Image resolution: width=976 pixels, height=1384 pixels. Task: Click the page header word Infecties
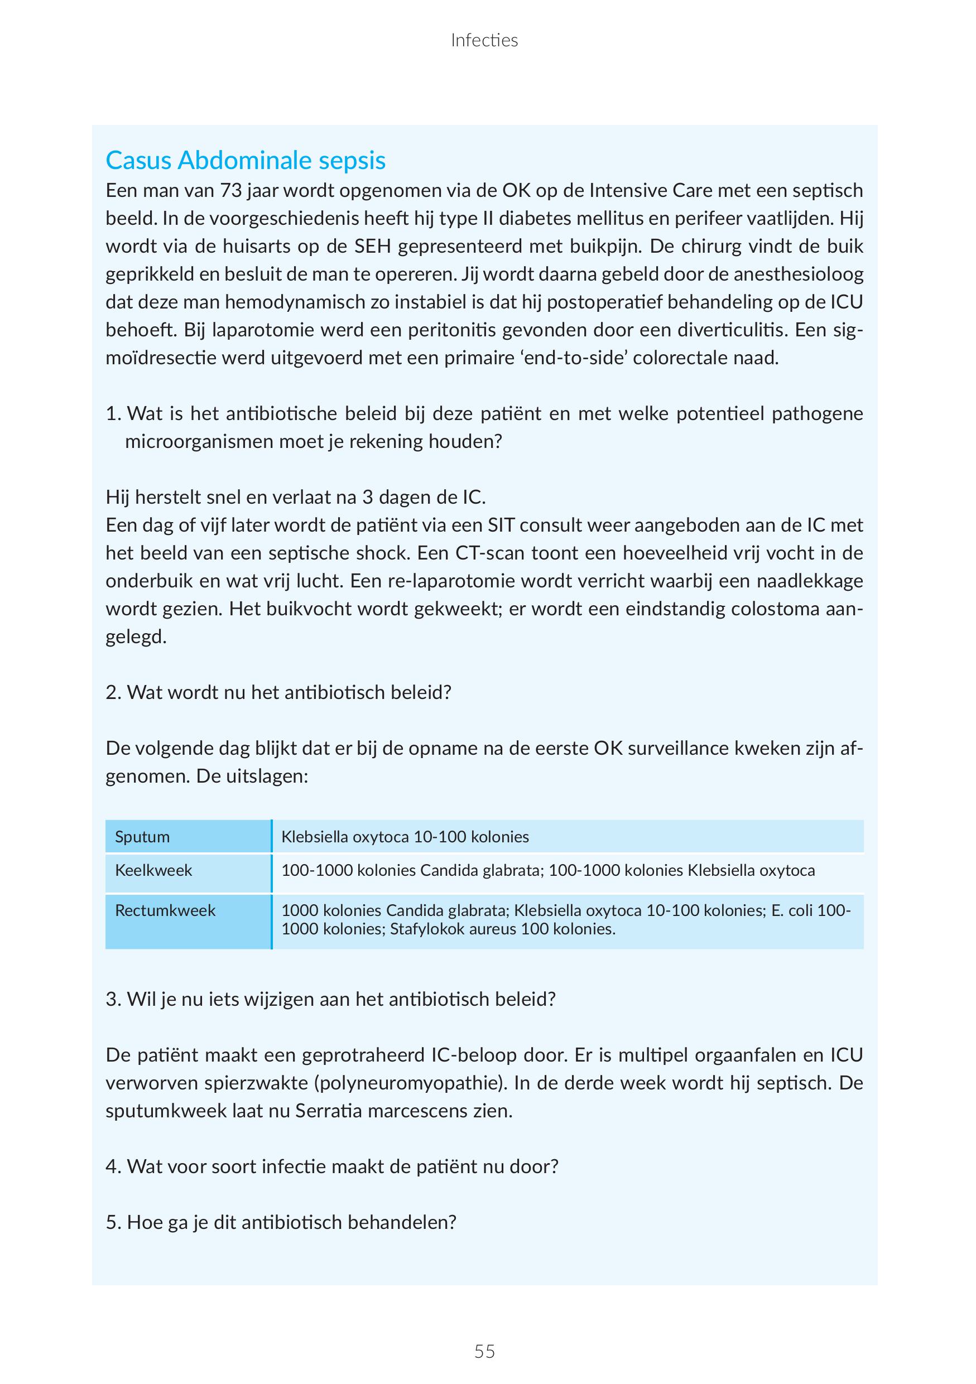(484, 40)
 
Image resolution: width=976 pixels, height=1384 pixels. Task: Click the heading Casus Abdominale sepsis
(246, 160)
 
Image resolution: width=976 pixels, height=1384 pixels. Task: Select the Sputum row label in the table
(142, 837)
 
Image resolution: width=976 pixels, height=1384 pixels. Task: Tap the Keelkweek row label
(153, 870)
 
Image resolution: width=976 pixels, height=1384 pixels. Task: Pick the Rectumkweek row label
(165, 910)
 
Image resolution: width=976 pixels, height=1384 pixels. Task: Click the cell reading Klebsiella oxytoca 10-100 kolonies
(405, 837)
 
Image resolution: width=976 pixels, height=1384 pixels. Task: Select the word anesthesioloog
(798, 274)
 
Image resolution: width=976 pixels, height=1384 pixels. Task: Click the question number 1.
(113, 413)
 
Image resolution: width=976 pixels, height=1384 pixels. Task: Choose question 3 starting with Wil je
(330, 999)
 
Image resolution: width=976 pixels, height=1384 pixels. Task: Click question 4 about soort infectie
(332, 1166)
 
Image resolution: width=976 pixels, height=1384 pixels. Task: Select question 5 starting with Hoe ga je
(281, 1222)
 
